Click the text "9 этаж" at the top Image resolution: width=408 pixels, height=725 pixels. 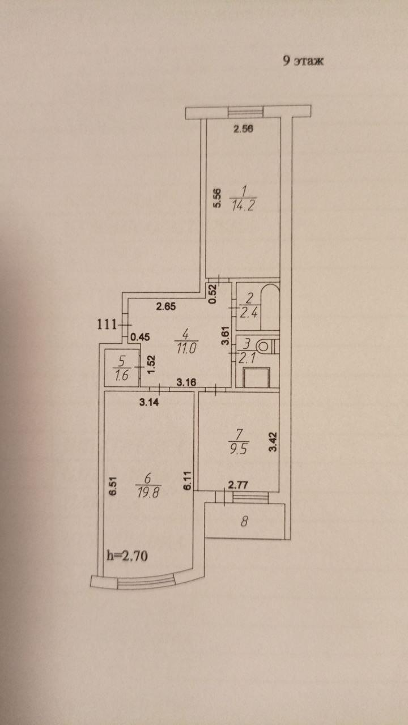(303, 61)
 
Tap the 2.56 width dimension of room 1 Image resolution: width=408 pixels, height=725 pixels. (243, 129)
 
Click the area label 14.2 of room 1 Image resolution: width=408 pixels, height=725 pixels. (243, 206)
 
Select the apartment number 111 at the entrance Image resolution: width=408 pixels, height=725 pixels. (107, 324)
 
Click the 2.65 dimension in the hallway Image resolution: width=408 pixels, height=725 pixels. (166, 306)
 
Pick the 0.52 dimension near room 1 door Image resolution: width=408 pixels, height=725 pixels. (212, 294)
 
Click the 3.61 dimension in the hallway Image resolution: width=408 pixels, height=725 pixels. (226, 336)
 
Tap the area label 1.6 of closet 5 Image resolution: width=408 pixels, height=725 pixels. (122, 375)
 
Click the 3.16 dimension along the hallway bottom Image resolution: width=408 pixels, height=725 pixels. (186, 382)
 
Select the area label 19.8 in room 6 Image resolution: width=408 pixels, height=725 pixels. (148, 493)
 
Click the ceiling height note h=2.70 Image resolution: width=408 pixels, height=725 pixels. (127, 556)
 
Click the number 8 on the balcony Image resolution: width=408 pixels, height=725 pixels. (245, 522)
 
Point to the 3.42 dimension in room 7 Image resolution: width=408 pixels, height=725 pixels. (274, 441)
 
